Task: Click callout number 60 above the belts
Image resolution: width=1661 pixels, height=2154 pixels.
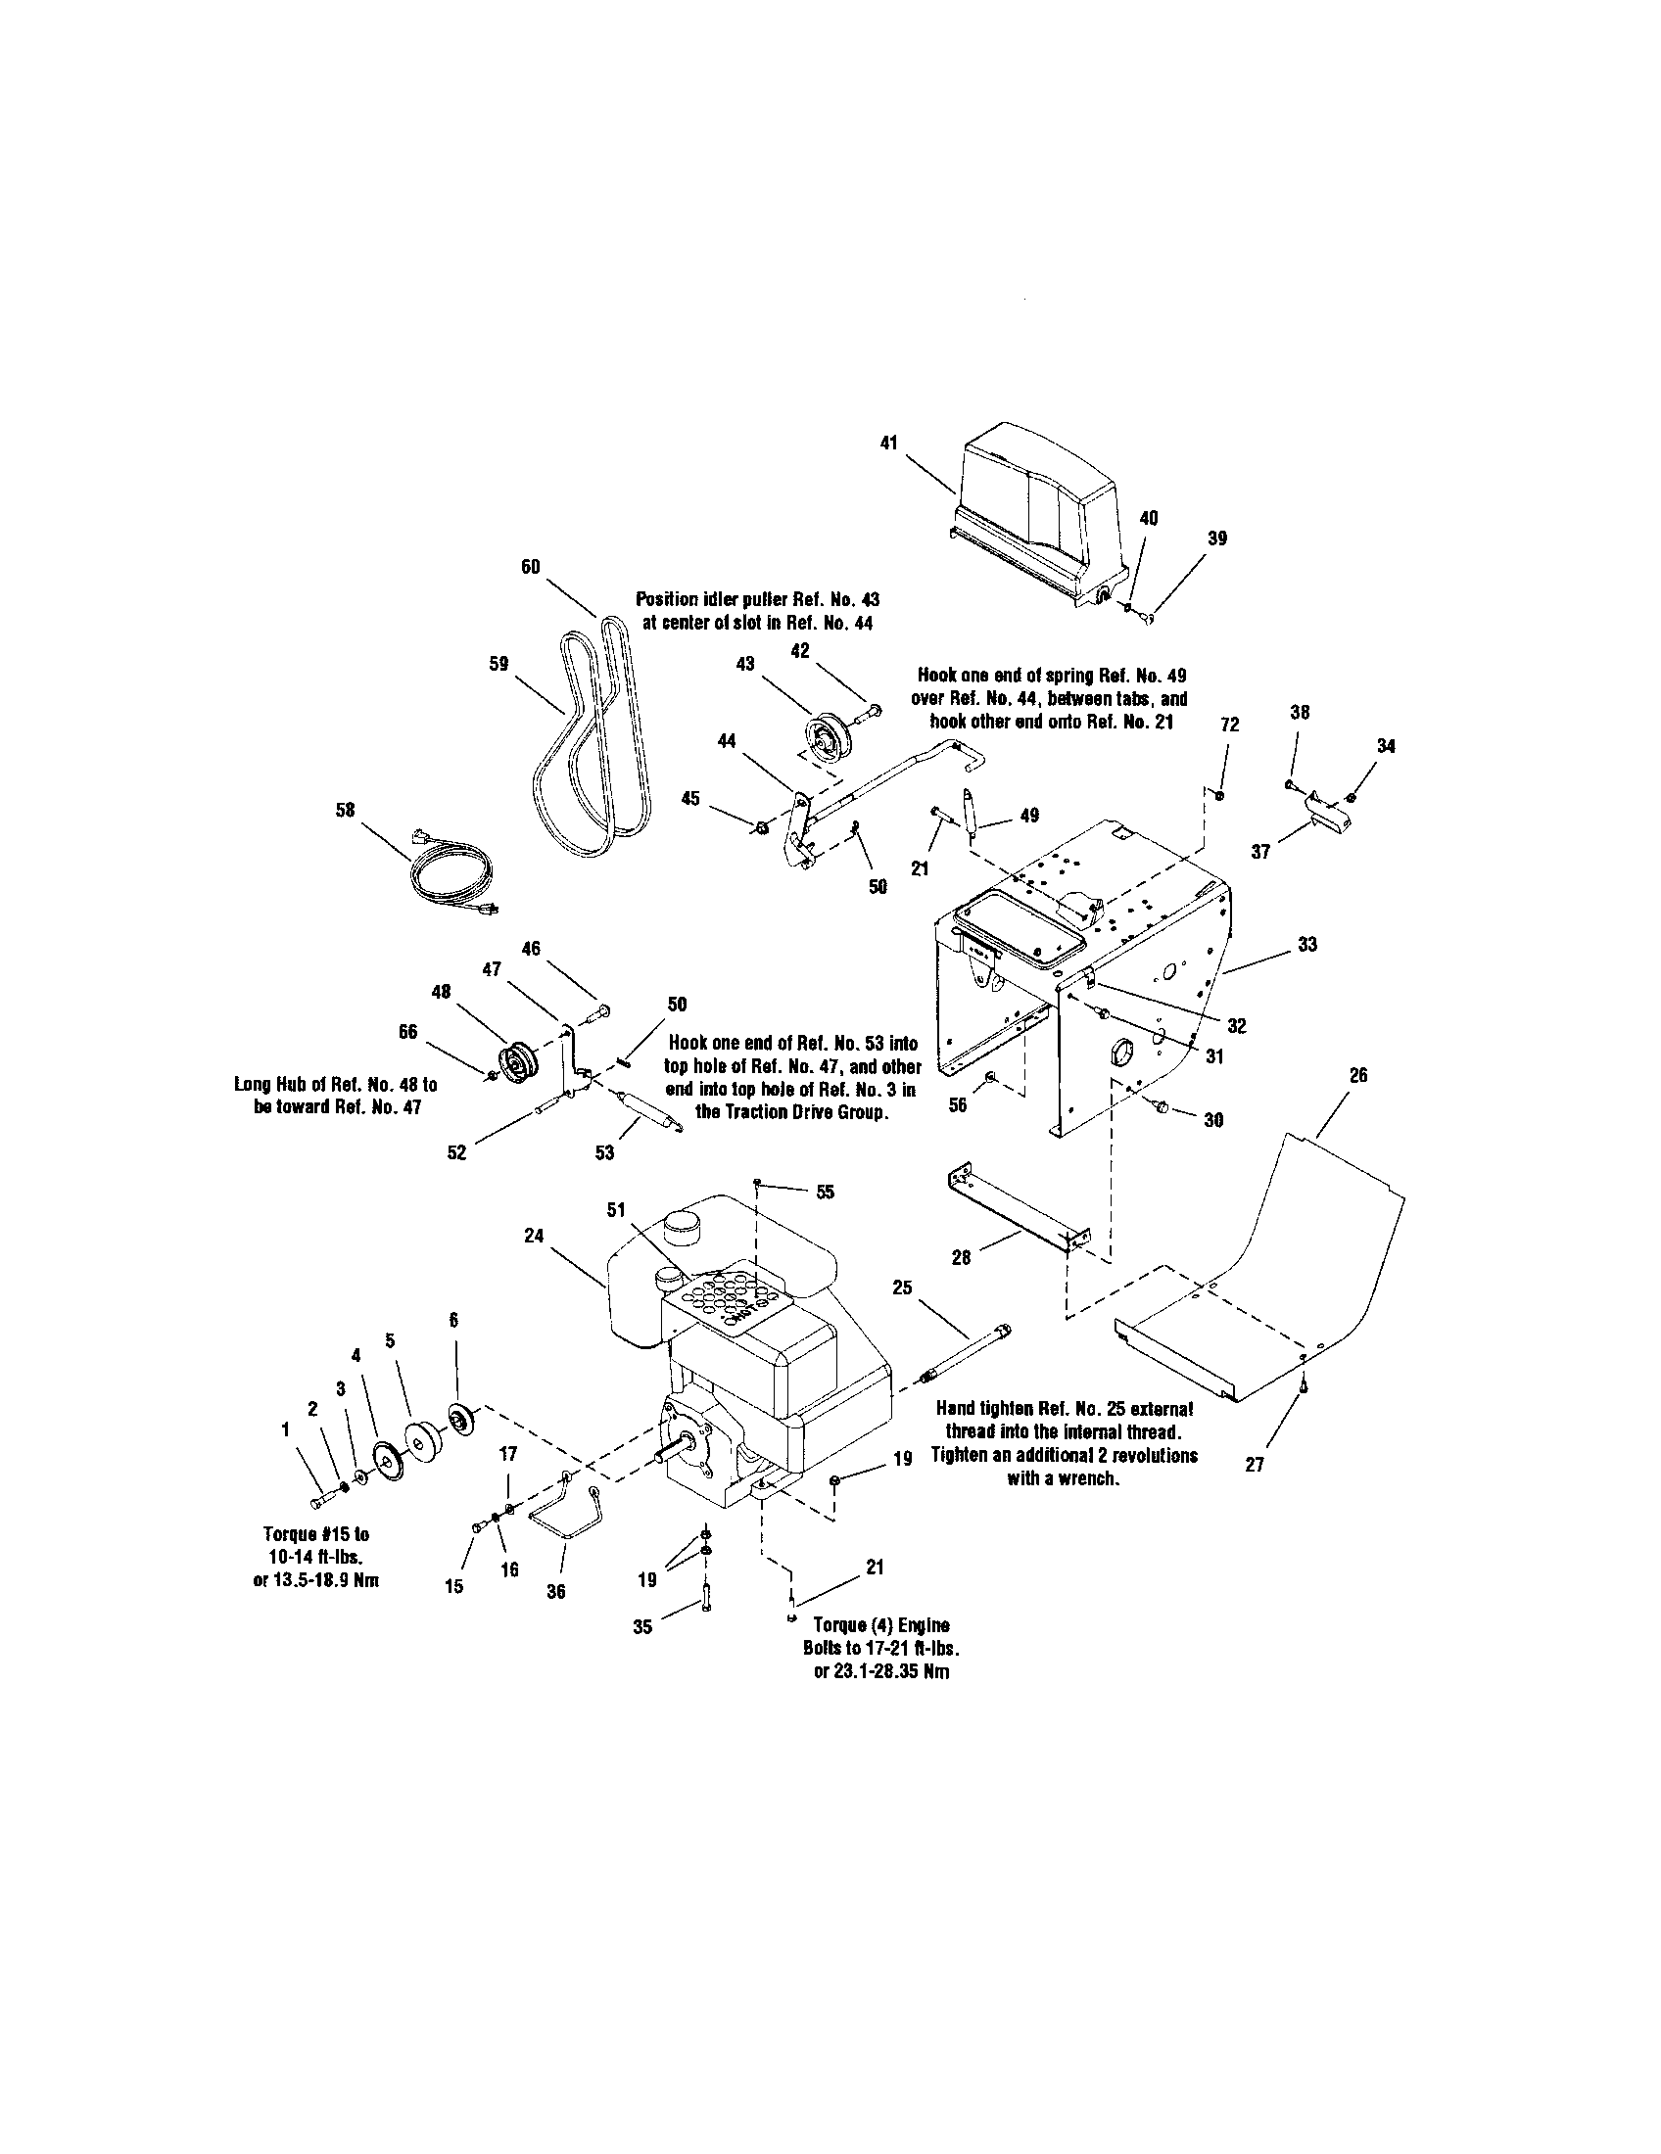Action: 531,566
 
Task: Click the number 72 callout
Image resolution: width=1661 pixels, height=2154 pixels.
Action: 1229,725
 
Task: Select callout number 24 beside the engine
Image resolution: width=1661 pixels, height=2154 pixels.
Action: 534,1236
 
